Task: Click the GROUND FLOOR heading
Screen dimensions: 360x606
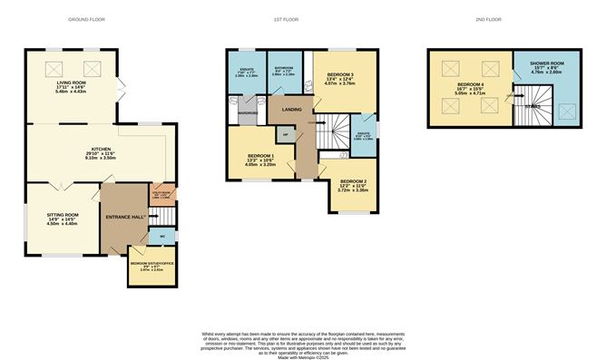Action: pyautogui.click(x=97, y=19)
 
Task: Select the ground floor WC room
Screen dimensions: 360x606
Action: pyautogui.click(x=161, y=238)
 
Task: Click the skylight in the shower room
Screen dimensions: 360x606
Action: pyautogui.click(x=569, y=112)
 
